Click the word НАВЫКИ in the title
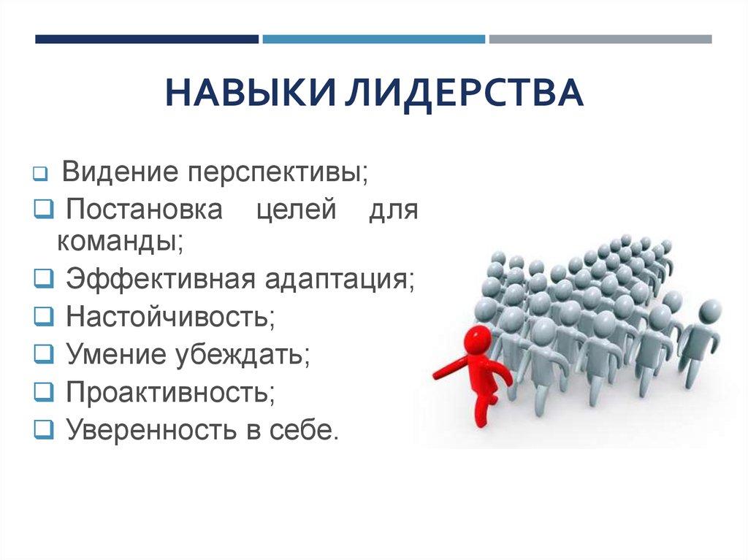251,92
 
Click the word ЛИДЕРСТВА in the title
464,93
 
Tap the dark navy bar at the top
147,39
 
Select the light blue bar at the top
373,39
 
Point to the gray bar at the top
600,39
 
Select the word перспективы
278,173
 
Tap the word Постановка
144,209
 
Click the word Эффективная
161,279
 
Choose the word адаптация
340,280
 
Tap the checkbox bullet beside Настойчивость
44,315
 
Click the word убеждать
243,354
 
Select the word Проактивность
170,392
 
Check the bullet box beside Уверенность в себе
44,429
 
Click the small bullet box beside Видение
41,174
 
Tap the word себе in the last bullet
304,430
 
